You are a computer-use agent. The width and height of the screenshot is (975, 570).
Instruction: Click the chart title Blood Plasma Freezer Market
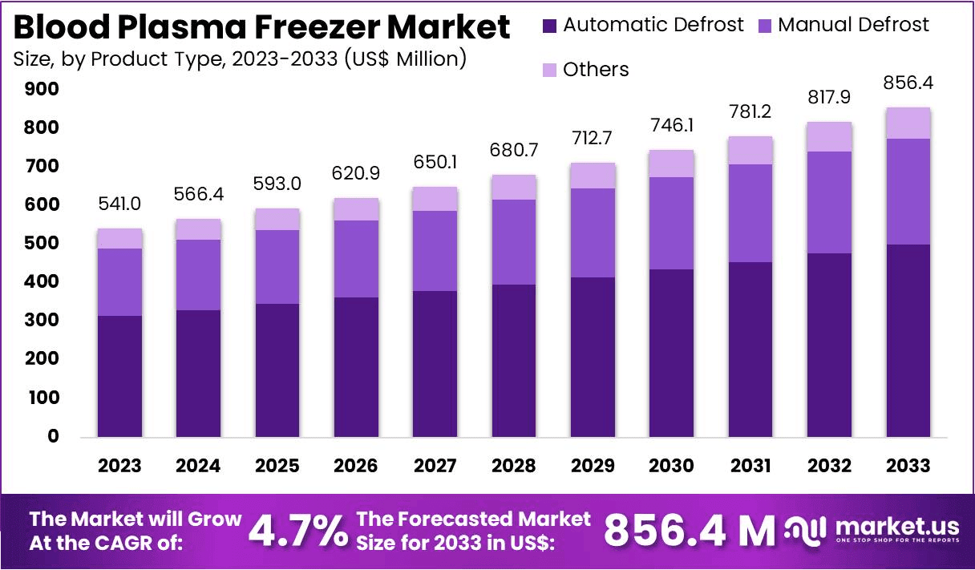click(262, 28)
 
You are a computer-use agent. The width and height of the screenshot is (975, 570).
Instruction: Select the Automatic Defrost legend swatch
click(550, 25)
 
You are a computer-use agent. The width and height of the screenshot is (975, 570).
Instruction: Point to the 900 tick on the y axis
click(42, 89)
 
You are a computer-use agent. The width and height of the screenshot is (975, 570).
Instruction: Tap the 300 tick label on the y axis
click(42, 321)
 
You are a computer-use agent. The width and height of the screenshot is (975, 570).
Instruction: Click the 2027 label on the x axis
click(436, 466)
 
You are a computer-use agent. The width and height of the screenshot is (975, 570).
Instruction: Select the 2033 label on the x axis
click(908, 466)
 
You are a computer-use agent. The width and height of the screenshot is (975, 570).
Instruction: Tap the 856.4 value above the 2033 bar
click(908, 83)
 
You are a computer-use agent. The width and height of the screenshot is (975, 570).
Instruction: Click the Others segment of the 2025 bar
click(277, 219)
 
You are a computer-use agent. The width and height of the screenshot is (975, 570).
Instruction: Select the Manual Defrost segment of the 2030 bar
click(672, 223)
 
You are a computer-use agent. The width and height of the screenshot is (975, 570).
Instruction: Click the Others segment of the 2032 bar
click(829, 136)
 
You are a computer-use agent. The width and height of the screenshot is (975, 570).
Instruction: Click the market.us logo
click(872, 530)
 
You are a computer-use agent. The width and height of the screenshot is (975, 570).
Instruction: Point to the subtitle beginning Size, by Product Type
click(241, 59)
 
